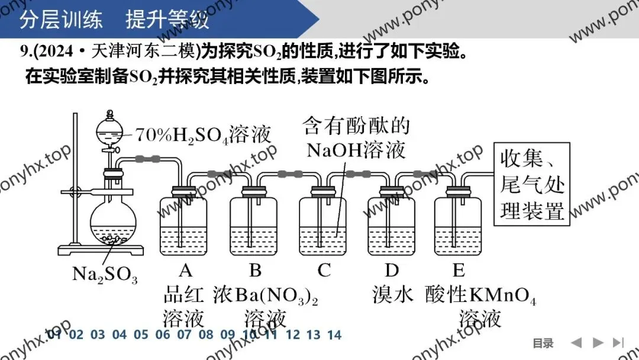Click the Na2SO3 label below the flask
coord(104,274)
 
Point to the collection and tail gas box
coord(532,184)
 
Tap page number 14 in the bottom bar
coord(334,335)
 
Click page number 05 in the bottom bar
coord(141,335)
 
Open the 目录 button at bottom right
coord(543,343)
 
